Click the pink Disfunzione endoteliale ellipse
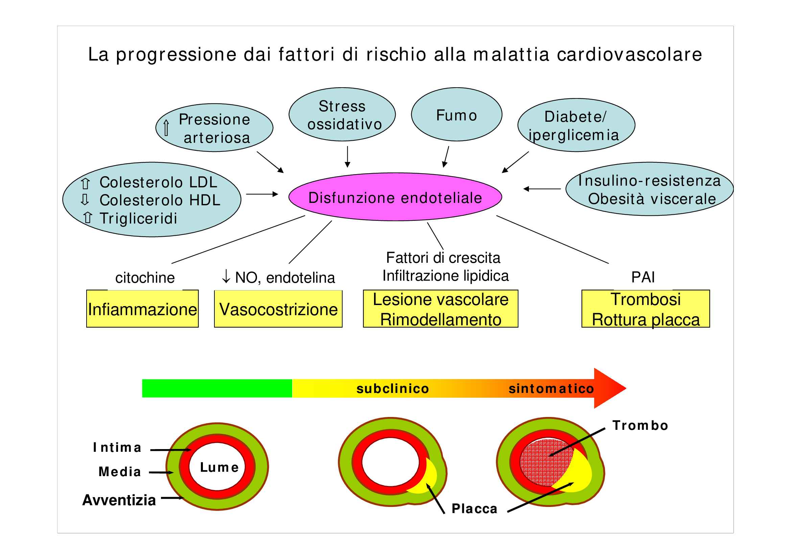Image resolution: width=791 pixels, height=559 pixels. pyautogui.click(x=395, y=197)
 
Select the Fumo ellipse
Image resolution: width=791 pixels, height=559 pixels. pyautogui.click(x=457, y=115)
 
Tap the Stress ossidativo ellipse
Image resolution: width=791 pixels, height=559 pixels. pyautogui.click(x=342, y=115)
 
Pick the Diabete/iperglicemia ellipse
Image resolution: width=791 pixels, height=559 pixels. pyautogui.click(x=576, y=125)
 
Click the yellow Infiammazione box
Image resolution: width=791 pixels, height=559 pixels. pyautogui.click(x=142, y=309)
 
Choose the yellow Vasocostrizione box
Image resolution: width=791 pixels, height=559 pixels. pyautogui.click(x=278, y=309)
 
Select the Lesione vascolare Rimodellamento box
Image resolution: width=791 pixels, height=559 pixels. pyautogui.click(x=440, y=309)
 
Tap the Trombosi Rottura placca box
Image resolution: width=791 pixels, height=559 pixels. pyautogui.click(x=646, y=309)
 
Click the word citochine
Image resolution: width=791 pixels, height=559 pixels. pyautogui.click(x=145, y=278)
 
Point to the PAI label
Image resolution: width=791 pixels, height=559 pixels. pyautogui.click(x=643, y=277)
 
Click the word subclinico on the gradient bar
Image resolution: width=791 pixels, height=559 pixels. pyautogui.click(x=393, y=389)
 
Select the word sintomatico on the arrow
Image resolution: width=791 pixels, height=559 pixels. pyautogui.click(x=551, y=389)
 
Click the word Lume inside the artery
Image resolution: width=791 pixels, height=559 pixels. pyautogui.click(x=219, y=467)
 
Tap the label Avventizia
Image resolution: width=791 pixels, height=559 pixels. pyautogui.click(x=119, y=500)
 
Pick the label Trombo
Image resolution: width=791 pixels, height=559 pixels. pyautogui.click(x=640, y=426)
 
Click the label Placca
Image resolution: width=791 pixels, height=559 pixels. pyautogui.click(x=474, y=509)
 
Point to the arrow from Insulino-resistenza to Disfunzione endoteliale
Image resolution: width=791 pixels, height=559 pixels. pyautogui.click(x=541, y=189)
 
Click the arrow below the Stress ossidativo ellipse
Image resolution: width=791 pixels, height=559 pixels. pyautogui.click(x=347, y=157)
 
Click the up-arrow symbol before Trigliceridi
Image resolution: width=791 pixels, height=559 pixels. pyautogui.click(x=88, y=218)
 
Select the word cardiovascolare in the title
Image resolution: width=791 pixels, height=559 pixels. pyautogui.click(x=629, y=54)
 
